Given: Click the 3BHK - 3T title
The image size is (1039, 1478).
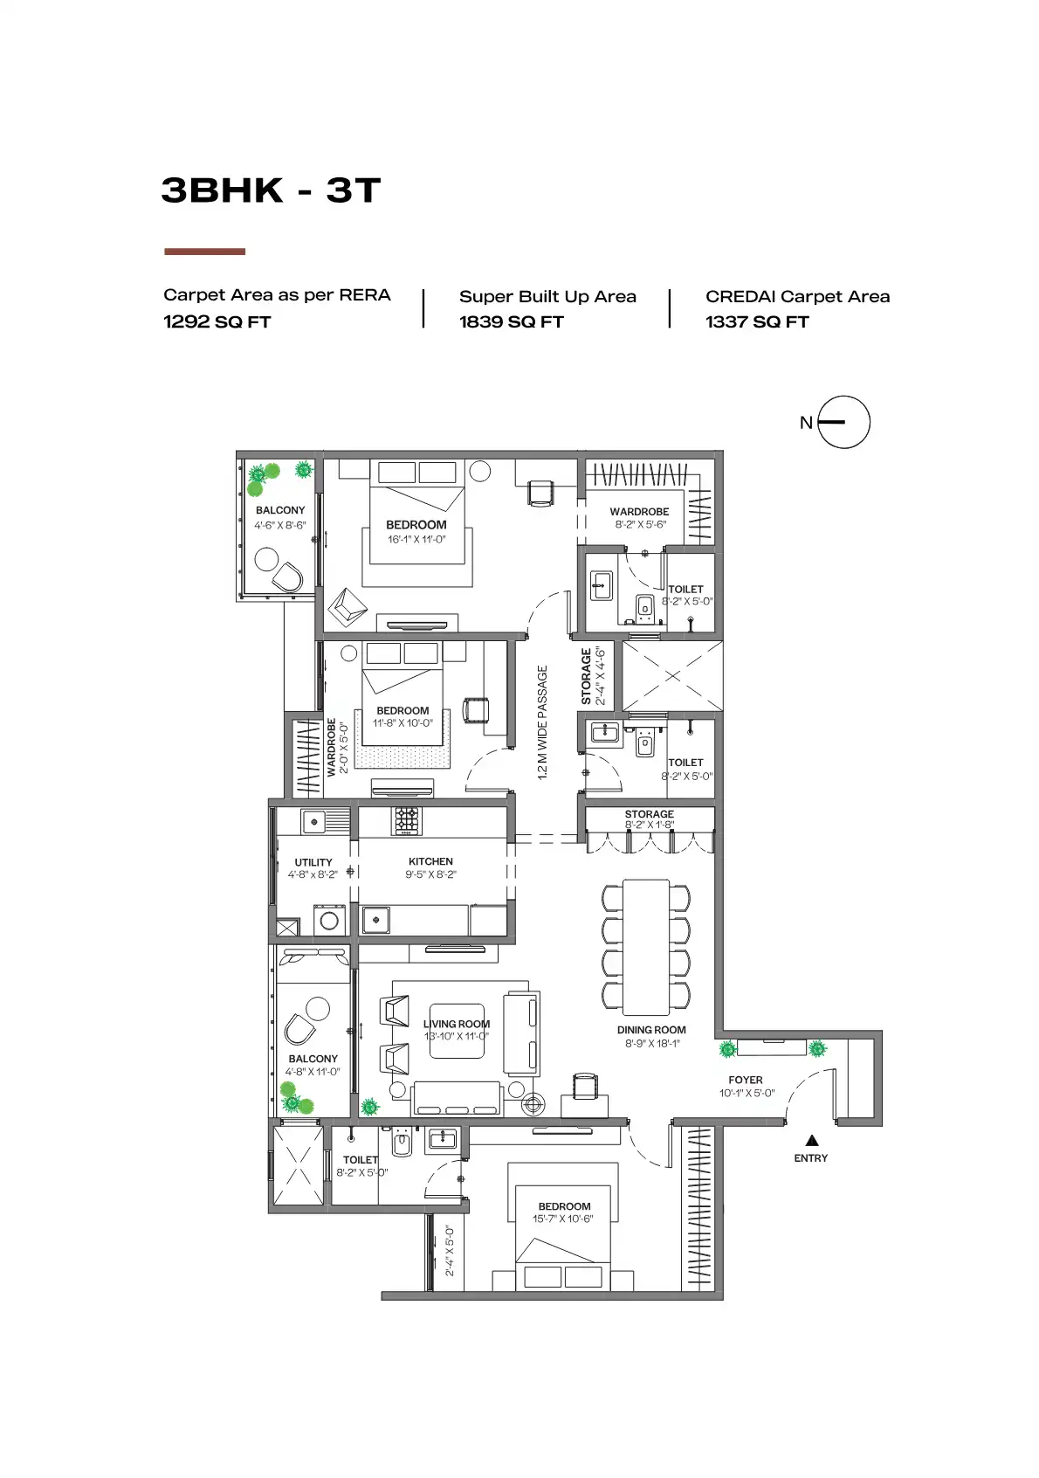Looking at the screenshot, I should [x=271, y=190].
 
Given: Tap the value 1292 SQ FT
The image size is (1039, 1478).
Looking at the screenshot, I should [x=217, y=322].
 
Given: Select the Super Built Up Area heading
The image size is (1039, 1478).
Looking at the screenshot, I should [x=547, y=297].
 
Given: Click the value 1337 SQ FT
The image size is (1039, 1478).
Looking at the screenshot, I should [x=757, y=322].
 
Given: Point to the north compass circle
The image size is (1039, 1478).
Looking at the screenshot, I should [x=844, y=423].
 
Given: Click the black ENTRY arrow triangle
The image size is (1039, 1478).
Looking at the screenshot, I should [x=811, y=1140].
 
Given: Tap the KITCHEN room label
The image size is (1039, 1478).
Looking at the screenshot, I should [x=430, y=861].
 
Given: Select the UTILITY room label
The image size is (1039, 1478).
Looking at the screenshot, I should [x=313, y=862].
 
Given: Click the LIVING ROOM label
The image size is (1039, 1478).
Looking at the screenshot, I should [x=457, y=1024].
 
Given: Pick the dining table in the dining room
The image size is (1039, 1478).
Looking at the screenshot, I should [x=646, y=947].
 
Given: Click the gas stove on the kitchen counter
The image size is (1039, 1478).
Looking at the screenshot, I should [x=407, y=821].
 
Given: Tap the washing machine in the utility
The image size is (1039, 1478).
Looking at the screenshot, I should [x=329, y=920].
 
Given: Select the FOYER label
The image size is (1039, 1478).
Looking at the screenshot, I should [x=746, y=1081].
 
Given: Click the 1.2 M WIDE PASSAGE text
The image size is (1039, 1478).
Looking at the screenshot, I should [x=542, y=722].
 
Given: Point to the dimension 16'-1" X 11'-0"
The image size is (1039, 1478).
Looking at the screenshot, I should [x=416, y=540].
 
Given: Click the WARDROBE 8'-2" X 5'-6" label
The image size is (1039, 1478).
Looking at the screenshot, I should [x=639, y=518].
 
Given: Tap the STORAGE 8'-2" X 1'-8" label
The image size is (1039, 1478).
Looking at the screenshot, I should [x=649, y=818].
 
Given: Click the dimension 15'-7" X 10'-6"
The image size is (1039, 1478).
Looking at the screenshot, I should [x=563, y=1219].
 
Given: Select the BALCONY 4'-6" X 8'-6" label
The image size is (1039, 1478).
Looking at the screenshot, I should [x=280, y=517].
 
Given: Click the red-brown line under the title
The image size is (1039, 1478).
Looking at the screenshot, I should [x=204, y=252].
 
